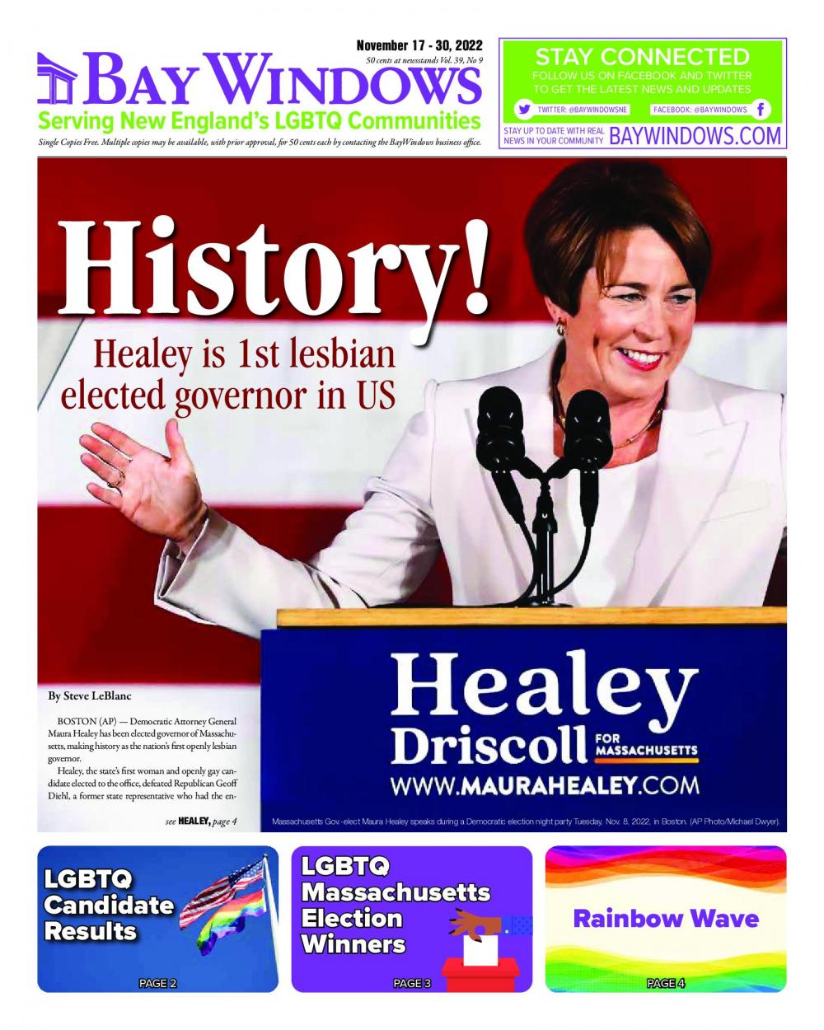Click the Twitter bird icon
coord(523,110)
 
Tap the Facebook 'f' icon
coord(761,110)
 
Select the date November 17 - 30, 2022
coord(419,45)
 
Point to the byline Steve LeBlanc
coord(90,696)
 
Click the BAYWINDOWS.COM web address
coord(695,136)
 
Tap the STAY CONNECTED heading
coord(642,57)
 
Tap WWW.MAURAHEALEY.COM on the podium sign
coord(545,784)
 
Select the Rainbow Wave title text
coord(666,918)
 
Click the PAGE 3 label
coord(412,983)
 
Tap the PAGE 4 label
coord(666,983)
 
